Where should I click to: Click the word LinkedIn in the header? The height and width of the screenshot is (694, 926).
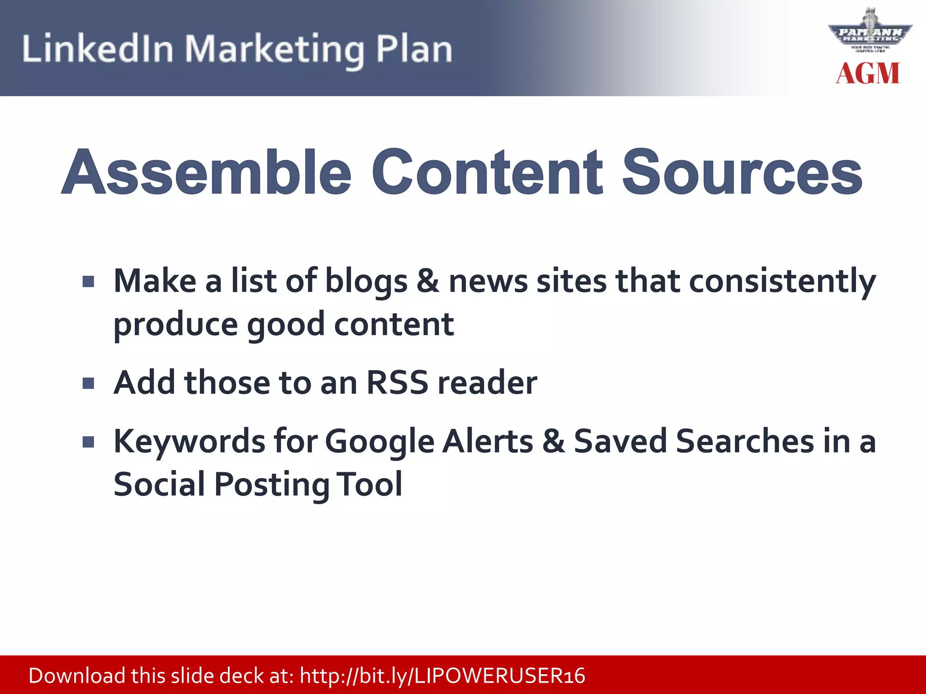(x=98, y=49)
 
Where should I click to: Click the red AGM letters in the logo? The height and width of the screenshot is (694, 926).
(x=868, y=74)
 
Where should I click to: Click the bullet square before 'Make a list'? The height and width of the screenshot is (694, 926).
(x=89, y=282)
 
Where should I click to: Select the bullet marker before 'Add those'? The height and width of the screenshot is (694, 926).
(x=89, y=384)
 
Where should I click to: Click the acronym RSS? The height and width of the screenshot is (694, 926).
(x=397, y=383)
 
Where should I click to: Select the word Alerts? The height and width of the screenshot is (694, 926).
(x=488, y=441)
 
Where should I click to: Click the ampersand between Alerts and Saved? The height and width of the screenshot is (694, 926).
(x=553, y=441)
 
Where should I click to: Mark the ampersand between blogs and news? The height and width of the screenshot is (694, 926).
(x=428, y=281)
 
